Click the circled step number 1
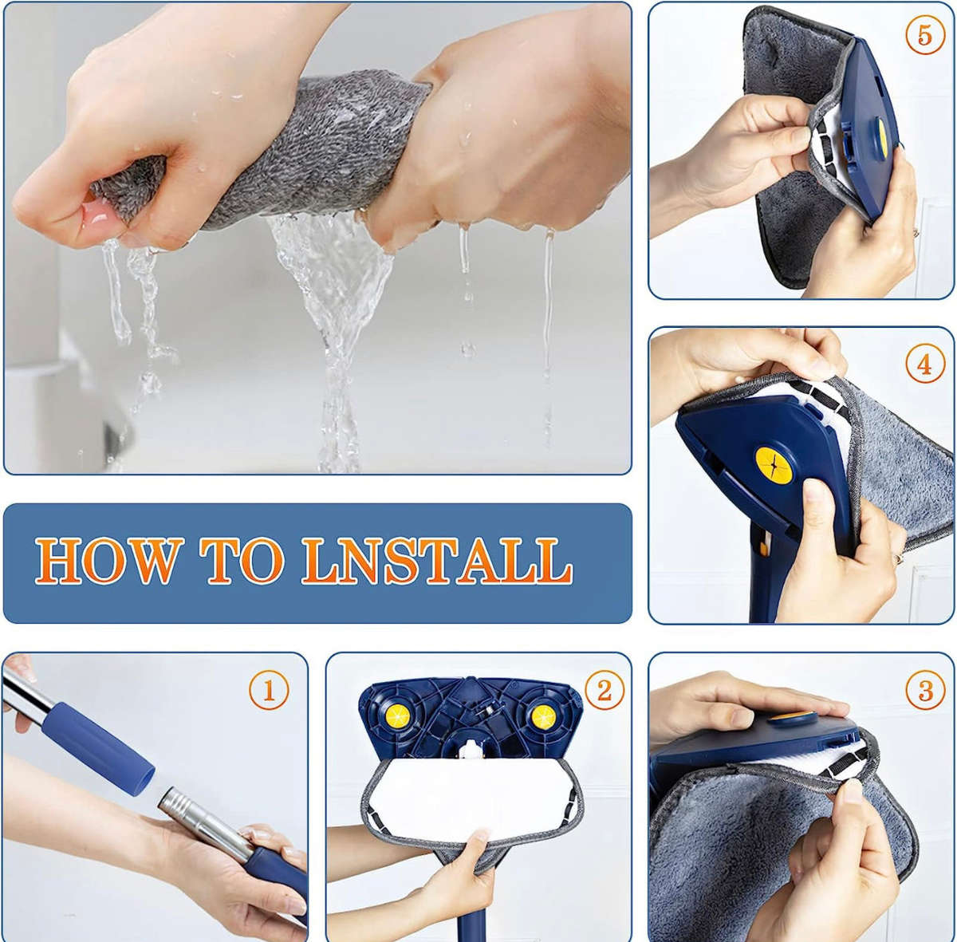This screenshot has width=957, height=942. pos(268,689)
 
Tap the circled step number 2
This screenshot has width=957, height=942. pos(604,689)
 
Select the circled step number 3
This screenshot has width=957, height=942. pos(925,689)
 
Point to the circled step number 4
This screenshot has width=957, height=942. pos(924,364)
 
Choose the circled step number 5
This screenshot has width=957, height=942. pos(924,36)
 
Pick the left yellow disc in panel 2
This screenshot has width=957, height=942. pos(392,714)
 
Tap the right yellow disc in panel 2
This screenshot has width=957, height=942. pos(545,714)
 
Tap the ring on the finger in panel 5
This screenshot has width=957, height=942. pos(916,231)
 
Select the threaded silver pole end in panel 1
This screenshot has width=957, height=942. pos(199,814)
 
